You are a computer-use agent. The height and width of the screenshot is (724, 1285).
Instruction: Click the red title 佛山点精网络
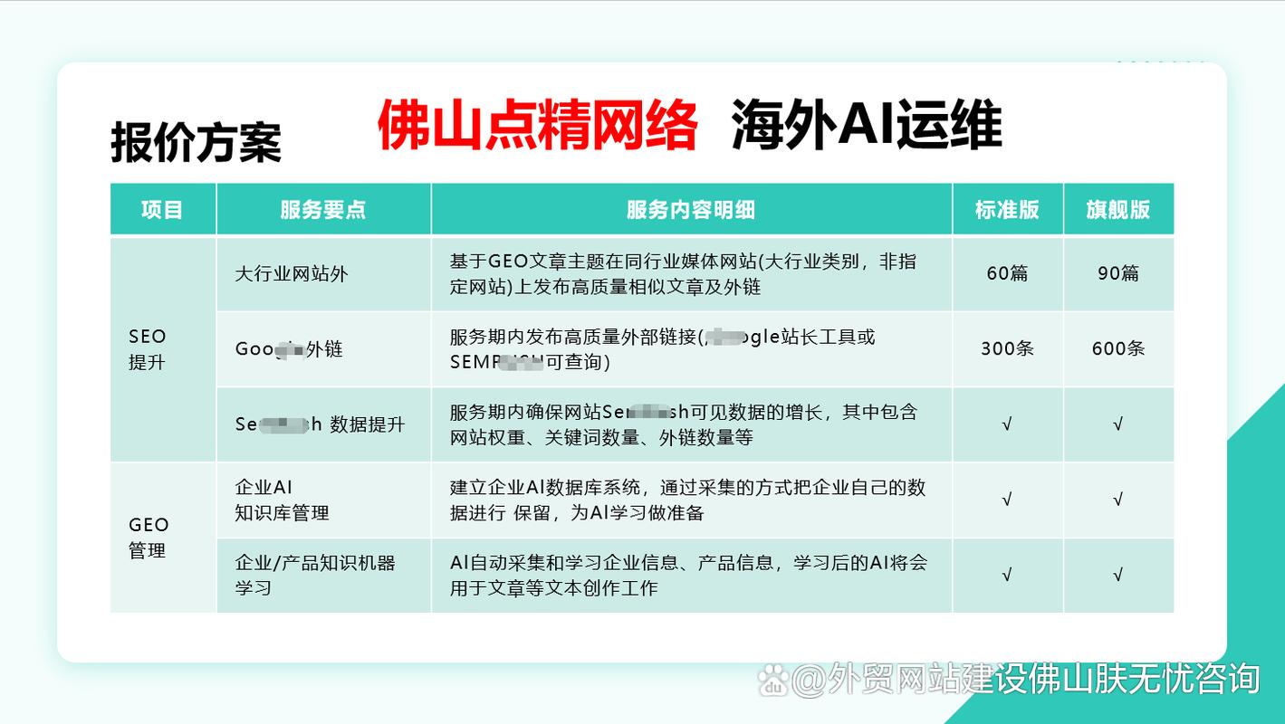coord(537,126)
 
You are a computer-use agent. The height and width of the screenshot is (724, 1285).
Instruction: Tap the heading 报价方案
coord(196,143)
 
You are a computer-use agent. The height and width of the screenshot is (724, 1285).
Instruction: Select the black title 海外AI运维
coord(866,126)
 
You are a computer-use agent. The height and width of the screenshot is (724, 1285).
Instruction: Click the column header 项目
coord(162,210)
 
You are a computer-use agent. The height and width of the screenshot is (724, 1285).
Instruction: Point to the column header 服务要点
coord(323,210)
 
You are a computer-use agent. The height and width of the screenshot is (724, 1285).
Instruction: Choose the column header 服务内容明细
coord(691,210)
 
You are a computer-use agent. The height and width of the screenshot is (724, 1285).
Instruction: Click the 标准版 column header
coord(1007,210)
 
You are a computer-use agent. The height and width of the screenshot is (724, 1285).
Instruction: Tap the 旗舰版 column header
coord(1118,210)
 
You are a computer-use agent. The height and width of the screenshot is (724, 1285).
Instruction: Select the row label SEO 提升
coord(148,349)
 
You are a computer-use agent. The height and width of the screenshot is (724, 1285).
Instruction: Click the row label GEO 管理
coord(149,538)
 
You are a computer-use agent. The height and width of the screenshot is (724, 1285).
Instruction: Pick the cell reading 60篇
coord(1007,273)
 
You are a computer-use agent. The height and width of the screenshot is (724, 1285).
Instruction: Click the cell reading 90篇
coord(1118,273)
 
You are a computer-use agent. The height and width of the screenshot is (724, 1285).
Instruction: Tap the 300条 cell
coord(1007,348)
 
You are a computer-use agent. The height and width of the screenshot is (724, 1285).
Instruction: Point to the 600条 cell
coord(1118,348)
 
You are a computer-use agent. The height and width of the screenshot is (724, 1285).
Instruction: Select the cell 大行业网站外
coord(291,273)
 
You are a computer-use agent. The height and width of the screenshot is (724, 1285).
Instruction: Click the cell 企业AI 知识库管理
coord(282,500)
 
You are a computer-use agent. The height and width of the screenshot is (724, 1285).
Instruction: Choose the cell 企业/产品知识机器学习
coord(315,576)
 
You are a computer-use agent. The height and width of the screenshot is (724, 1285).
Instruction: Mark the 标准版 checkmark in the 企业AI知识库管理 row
coord(1007,500)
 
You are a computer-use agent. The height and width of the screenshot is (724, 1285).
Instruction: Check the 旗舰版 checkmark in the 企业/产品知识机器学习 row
coord(1118,575)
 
